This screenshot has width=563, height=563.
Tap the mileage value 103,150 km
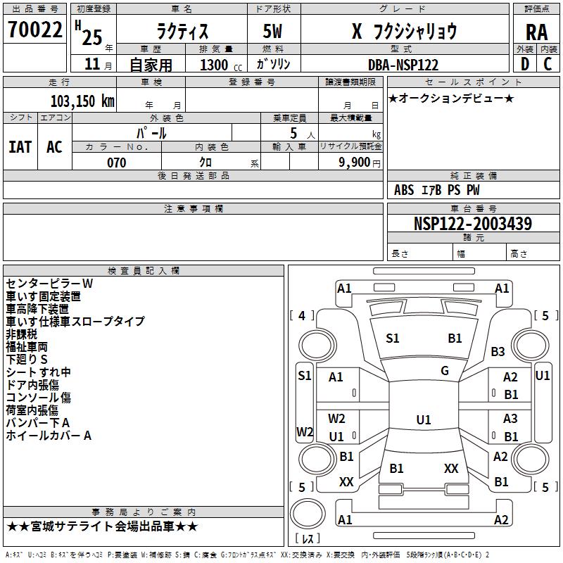[82, 101]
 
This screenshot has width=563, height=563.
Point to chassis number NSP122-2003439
[472, 224]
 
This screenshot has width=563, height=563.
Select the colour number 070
[116, 163]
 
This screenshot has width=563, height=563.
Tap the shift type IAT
[20, 146]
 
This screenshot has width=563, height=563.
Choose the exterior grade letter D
[524, 64]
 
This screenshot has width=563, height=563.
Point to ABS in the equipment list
[404, 189]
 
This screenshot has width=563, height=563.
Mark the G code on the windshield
[445, 370]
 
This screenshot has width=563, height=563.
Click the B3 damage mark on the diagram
[498, 351]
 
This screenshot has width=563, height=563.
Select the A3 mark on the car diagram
[510, 419]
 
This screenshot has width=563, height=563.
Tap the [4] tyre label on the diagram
[302, 315]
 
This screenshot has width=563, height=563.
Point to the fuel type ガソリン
[274, 64]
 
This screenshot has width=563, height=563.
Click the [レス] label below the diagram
[308, 539]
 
